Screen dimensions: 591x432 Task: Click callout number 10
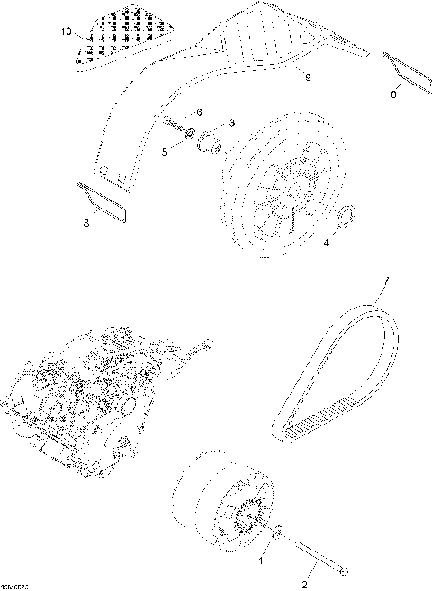pyautogui.click(x=65, y=32)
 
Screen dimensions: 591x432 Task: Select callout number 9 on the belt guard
pyautogui.click(x=308, y=78)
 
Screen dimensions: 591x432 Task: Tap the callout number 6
pyautogui.click(x=199, y=112)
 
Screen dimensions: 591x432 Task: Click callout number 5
pyautogui.click(x=165, y=153)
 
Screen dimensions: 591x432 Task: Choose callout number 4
pyautogui.click(x=326, y=242)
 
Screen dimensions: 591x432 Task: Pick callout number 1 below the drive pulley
pyautogui.click(x=263, y=559)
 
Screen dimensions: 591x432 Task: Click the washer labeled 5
pyautogui.click(x=190, y=136)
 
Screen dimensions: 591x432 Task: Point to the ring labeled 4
pyautogui.click(x=344, y=216)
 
